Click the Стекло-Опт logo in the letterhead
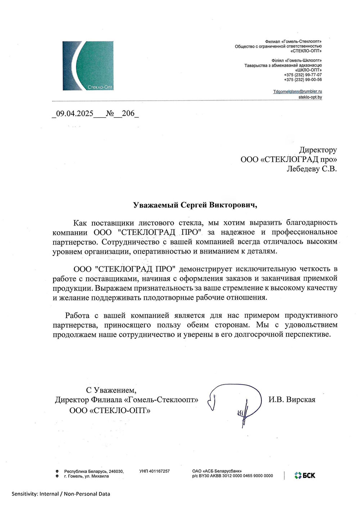[88, 65]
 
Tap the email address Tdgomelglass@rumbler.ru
[297, 92]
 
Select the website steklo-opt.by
[310, 97]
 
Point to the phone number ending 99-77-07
[303, 75]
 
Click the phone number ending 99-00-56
[303, 79]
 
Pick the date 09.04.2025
[75, 114]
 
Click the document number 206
[128, 114]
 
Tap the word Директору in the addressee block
[318, 150]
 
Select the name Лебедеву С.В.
[311, 169]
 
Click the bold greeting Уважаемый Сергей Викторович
[195, 205]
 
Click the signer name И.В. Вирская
[292, 400]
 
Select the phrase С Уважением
[111, 390]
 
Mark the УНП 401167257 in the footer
[154, 471]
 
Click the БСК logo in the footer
[305, 476]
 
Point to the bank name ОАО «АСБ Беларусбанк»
[217, 471]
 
